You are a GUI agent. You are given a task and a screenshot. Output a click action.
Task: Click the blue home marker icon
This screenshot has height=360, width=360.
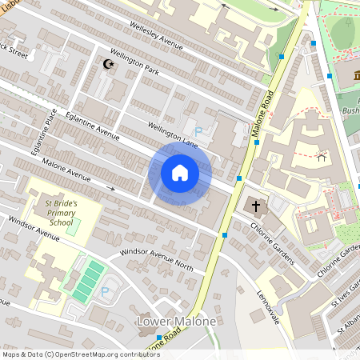180,172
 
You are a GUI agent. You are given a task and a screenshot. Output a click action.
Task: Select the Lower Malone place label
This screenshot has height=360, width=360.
176,322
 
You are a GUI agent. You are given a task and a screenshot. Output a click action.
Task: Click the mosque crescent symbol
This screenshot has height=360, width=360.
109,64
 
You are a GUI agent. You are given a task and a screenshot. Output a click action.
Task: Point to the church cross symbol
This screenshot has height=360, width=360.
257,206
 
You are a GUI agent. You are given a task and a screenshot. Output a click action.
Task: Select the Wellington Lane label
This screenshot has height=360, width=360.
172,133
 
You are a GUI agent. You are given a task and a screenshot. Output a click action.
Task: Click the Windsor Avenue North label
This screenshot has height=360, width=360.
157,258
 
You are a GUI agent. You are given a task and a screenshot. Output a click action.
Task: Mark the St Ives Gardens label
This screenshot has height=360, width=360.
346,296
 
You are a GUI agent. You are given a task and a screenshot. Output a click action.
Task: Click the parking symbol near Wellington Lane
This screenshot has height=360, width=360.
198,131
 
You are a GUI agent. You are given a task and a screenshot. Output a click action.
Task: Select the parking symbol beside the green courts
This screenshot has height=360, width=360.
105,291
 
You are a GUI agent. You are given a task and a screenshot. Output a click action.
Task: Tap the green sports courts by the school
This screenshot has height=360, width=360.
88,281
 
